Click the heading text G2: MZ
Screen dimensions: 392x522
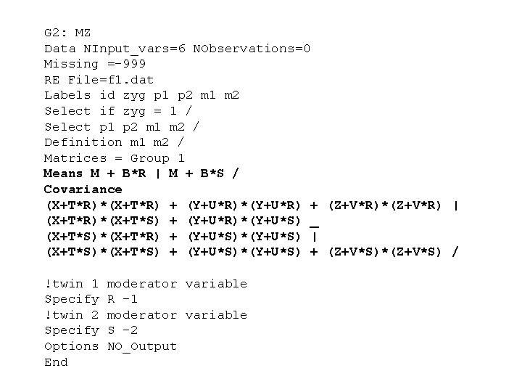tap(67, 33)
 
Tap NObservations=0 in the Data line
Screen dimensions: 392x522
tap(252, 49)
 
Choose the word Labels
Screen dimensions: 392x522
tap(67, 95)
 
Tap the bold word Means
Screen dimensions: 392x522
tap(63, 173)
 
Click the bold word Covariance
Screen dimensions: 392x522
tap(83, 189)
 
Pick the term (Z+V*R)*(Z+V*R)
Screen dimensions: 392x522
tap(385, 205)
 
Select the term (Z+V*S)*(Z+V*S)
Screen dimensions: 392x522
tap(385, 252)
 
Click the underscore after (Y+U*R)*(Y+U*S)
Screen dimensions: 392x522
tap(314, 221)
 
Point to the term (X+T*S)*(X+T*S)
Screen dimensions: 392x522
tap(102, 252)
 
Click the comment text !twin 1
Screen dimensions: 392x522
tap(72, 284)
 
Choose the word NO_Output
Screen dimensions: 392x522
tap(142, 346)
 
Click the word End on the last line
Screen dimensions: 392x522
tap(56, 362)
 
